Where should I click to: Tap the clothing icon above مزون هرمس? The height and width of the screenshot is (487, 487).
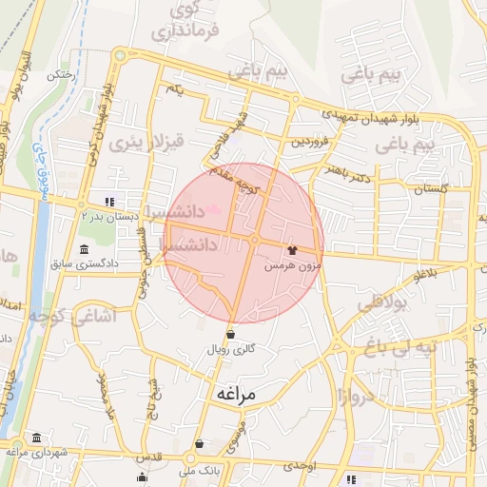tap(291, 251)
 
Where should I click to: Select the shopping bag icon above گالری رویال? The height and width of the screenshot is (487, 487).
tap(231, 334)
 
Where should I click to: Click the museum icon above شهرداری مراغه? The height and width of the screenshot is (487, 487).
tap(36, 438)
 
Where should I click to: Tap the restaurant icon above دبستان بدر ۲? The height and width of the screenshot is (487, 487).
tap(109, 202)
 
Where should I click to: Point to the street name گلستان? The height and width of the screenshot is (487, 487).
tap(431, 189)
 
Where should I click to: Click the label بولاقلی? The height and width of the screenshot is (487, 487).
tap(382, 305)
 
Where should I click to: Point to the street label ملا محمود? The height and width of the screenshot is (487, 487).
tap(106, 392)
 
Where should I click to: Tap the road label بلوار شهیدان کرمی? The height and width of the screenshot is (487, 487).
tap(98, 125)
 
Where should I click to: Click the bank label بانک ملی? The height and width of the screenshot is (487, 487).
tap(203, 468)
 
